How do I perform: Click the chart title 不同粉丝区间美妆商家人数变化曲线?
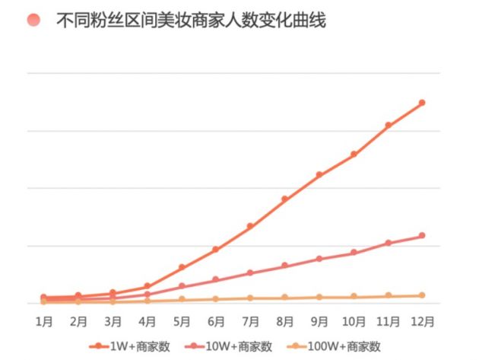[191, 21]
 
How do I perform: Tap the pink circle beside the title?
[33, 21]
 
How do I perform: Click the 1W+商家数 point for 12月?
[422, 103]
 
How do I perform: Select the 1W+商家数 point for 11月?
[389, 125]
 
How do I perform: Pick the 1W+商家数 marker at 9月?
[319, 174]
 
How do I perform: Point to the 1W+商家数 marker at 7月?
[250, 226]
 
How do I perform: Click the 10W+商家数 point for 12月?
[422, 236]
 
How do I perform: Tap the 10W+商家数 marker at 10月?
[354, 253]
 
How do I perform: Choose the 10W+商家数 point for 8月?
[284, 266]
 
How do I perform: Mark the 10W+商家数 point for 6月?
[216, 279]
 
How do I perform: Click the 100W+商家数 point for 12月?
[422, 295]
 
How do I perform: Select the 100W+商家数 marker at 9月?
[319, 297]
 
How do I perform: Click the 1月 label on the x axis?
[44, 320]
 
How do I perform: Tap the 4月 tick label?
[148, 320]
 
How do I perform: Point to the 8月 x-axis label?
[284, 320]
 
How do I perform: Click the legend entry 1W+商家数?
[128, 346]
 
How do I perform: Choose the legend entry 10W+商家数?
[231, 346]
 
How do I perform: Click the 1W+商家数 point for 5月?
[182, 267]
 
